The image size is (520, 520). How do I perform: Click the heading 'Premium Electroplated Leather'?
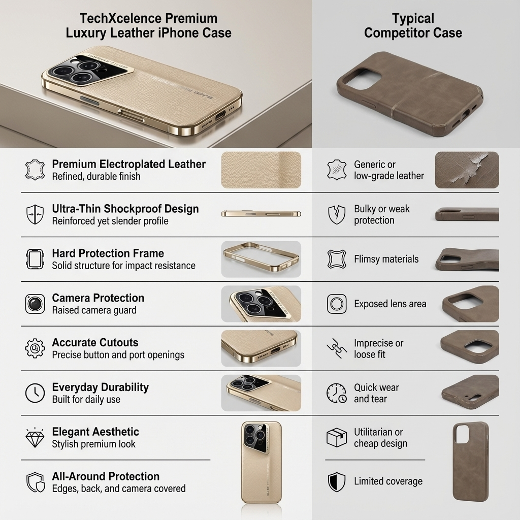pos(128,164)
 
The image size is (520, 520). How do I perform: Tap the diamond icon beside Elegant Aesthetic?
pos(35,438)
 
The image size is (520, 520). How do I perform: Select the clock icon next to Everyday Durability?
pos(35,393)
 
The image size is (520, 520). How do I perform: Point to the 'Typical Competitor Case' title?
pos(413,26)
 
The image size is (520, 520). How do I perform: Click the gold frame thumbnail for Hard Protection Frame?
pos(261,259)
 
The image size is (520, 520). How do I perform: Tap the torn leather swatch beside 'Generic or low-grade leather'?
pos(467,170)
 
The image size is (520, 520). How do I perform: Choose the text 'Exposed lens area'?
pos(390,304)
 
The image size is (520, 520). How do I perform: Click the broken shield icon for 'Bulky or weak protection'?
pos(336,214)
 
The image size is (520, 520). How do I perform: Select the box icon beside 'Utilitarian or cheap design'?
pos(336,437)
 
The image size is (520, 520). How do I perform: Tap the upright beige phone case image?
pos(261,462)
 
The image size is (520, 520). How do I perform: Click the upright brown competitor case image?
pos(471,461)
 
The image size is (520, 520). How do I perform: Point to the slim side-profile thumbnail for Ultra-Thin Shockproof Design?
pos(261,214)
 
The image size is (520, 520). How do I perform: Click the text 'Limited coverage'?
pos(388,481)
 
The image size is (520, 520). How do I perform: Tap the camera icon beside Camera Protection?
pos(35,304)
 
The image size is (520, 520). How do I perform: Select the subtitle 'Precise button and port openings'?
pos(118,354)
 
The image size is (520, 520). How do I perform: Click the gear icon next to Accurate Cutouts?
pos(35,348)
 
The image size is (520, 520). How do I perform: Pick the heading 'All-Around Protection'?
pos(106,476)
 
